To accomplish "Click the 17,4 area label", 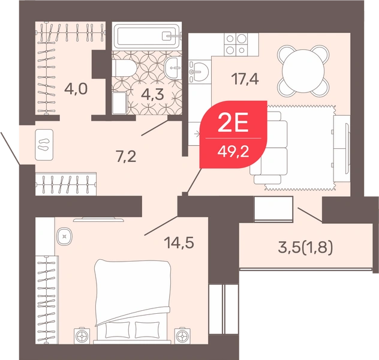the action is pos(245,79).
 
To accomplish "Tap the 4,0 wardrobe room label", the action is pos(76,89).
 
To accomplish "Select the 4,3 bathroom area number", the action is pos(152,94).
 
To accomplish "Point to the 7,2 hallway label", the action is pos(126,157).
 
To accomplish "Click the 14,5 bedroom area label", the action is pos(179,242).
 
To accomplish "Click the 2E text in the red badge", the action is pos(233,123).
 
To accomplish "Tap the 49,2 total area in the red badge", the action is pos(233,152).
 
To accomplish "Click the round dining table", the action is pos(303,71).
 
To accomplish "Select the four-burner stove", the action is pos(236,43).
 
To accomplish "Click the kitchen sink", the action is pos(198,71).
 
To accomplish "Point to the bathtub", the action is pos(147,36).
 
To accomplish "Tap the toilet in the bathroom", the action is pos(124,68).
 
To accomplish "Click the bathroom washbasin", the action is pos(173,68).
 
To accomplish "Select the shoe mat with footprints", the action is pos(44,145).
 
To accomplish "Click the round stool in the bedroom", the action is pos(64,236).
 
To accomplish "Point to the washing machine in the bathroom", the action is pos(120,103).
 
